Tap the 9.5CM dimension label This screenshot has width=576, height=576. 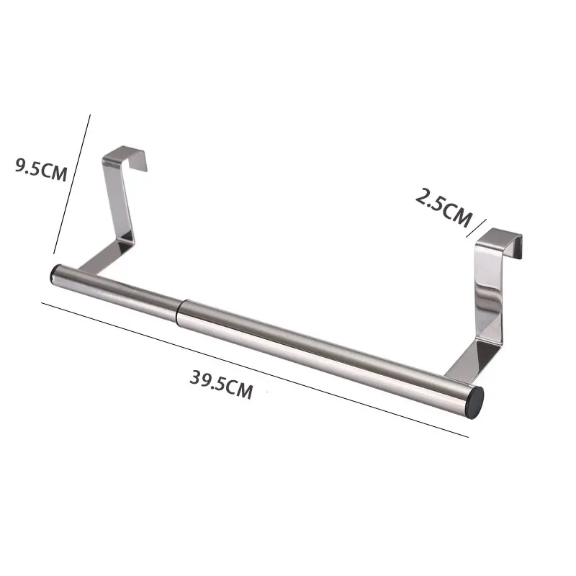(x=41, y=170)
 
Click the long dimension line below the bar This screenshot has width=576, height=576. (x=252, y=367)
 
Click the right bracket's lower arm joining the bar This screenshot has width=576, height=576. (x=468, y=364)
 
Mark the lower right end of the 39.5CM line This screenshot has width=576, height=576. (x=467, y=436)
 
